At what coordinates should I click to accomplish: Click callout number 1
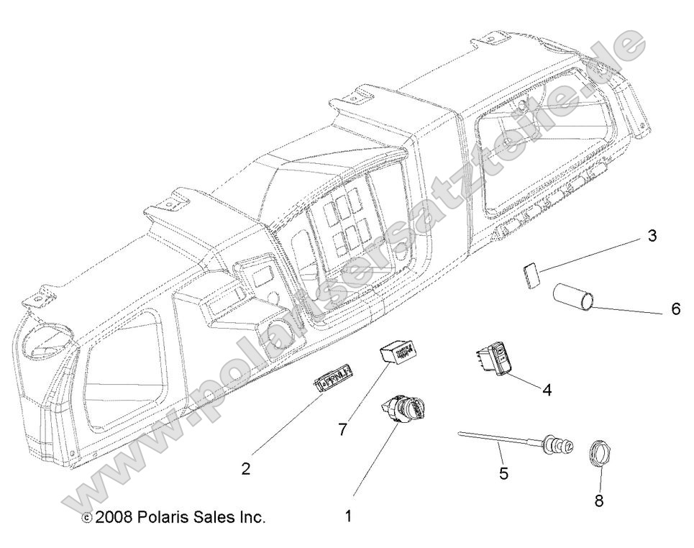(348, 516)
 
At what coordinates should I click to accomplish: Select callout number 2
(246, 469)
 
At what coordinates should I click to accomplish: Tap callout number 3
(652, 235)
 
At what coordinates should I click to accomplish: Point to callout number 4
(547, 390)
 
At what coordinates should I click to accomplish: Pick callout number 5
(503, 473)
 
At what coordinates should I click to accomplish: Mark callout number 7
(343, 429)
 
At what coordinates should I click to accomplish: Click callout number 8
(598, 500)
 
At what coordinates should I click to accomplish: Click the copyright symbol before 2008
(86, 517)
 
